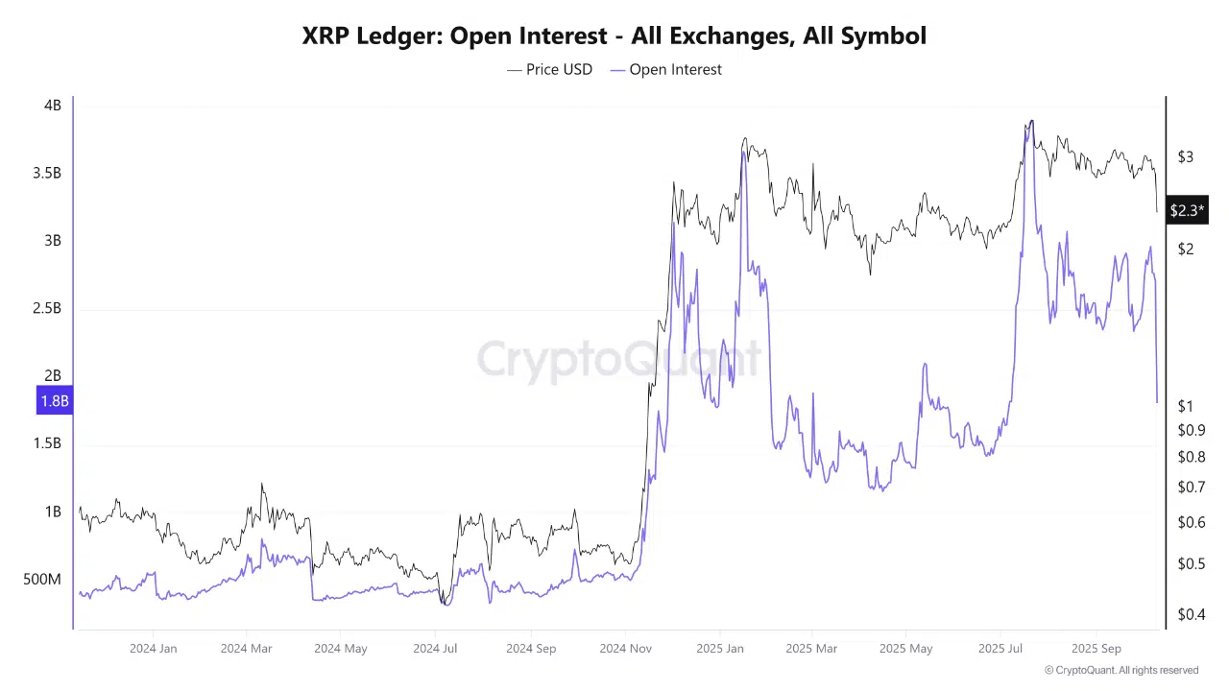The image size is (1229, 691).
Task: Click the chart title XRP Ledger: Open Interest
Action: [x=614, y=36]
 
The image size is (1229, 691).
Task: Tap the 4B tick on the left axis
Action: [x=52, y=106]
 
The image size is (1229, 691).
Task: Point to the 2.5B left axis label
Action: [x=45, y=308]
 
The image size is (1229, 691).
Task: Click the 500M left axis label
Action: [x=41, y=580]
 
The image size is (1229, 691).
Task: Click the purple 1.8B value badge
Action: [x=54, y=401]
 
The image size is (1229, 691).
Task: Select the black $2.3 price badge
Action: [x=1186, y=210]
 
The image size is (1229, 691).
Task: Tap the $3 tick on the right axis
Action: [x=1186, y=156]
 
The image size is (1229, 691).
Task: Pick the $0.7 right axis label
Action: [x=1191, y=488]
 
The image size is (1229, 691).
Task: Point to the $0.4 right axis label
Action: [x=1191, y=614]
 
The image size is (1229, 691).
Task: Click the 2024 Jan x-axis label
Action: [x=153, y=649]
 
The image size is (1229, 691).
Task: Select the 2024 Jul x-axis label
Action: [x=435, y=649]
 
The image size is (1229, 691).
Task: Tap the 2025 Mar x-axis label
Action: [x=811, y=649]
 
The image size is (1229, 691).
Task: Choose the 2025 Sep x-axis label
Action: [x=1096, y=649]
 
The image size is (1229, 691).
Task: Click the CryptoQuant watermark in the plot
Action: [x=618, y=360]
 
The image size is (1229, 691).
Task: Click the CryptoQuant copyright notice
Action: [x=1121, y=670]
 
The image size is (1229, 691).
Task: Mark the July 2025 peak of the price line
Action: [x=1031, y=121]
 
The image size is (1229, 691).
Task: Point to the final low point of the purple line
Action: [x=1157, y=402]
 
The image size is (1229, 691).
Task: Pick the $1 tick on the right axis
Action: [x=1186, y=407]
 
